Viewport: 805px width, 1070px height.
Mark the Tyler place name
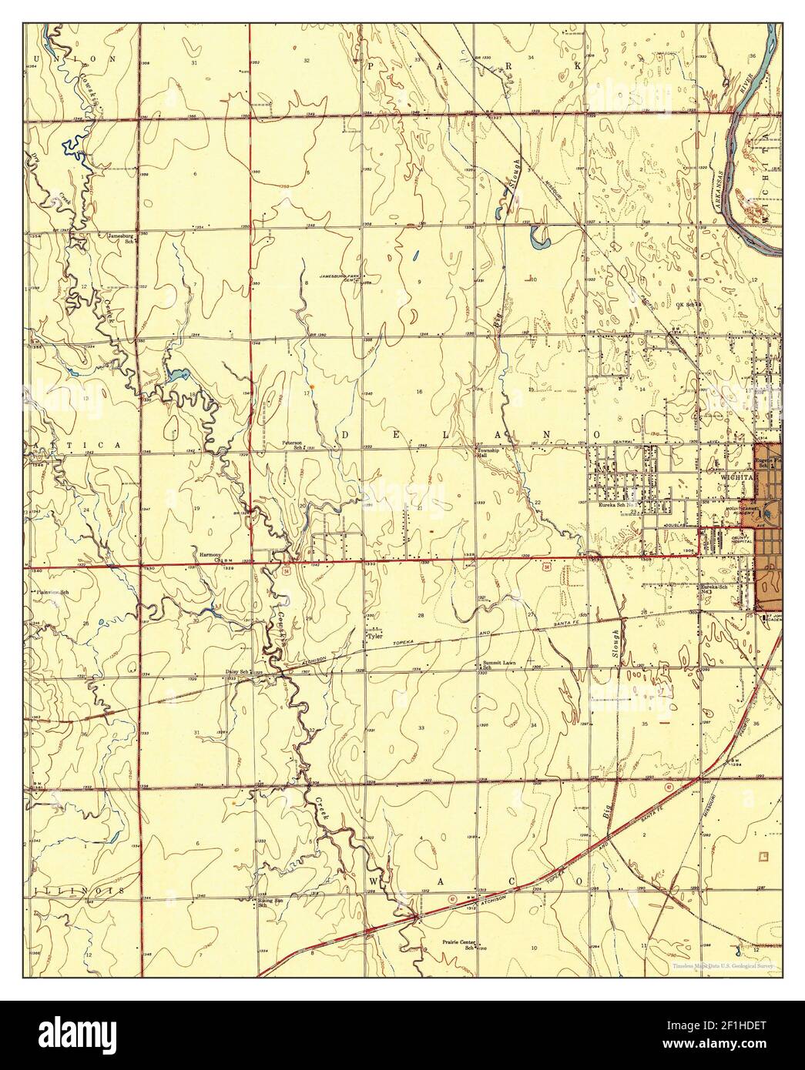pos(375,637)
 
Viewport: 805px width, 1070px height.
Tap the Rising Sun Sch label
pos(267,903)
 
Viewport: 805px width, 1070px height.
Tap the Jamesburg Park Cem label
pos(341,277)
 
